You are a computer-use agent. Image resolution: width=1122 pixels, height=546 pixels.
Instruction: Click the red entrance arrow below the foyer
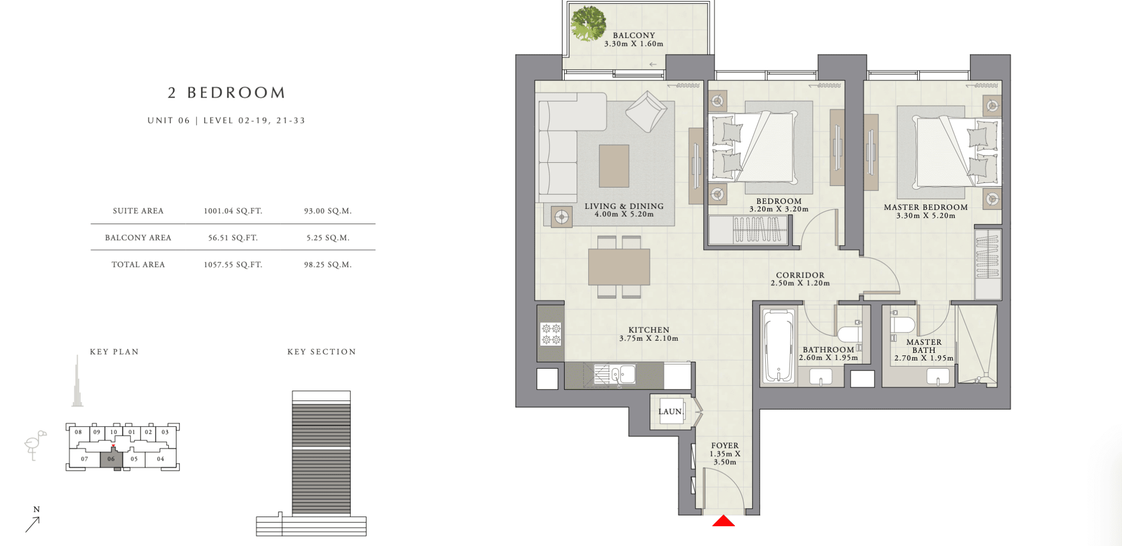point(723,521)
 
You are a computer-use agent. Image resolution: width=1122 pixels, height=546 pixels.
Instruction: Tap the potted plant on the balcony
point(588,23)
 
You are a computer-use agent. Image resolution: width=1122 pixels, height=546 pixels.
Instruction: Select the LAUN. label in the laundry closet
point(671,412)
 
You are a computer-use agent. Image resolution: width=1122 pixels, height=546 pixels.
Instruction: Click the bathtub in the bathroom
point(779,346)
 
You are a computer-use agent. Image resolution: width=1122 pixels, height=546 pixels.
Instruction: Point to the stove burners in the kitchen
point(551,334)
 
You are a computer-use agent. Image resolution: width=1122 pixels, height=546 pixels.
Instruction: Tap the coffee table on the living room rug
point(614,166)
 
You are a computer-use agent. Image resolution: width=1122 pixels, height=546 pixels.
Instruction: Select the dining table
point(619,267)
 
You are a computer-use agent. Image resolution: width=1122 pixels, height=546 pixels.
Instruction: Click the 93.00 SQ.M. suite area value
point(328,211)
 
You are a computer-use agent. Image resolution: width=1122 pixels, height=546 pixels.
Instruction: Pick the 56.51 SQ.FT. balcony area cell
point(233,238)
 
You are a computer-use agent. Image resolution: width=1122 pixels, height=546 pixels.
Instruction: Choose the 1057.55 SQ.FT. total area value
point(233,264)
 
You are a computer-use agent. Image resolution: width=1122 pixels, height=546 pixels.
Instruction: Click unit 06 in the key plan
point(111,459)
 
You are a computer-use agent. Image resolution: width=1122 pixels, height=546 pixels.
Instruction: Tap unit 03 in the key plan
point(165,432)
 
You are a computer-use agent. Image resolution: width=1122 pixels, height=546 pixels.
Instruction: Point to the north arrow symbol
point(32,524)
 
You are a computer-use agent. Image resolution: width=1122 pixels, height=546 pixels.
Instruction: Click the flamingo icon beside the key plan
point(35,445)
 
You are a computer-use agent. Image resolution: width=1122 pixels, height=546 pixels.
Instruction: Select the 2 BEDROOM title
point(227,93)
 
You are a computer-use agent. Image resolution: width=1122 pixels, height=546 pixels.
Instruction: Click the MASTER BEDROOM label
point(926,207)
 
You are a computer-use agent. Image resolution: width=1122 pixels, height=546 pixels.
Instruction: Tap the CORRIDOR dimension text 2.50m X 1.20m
point(800,283)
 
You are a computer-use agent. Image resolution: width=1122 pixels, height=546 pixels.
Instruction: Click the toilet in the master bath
point(902,324)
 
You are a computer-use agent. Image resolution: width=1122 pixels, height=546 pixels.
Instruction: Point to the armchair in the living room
point(646,112)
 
